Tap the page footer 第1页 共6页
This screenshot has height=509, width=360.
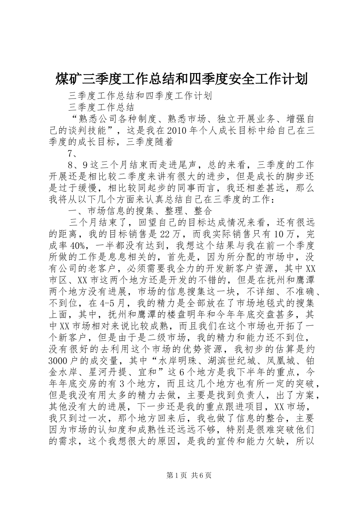coord(180,486)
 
